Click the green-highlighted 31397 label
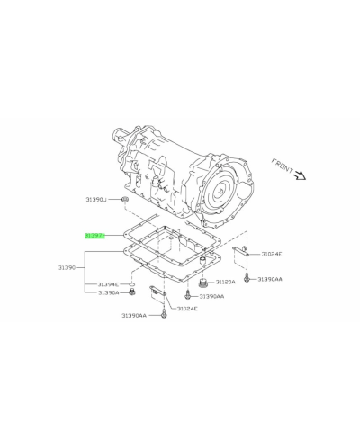(x=95, y=236)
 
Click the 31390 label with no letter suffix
(x=70, y=268)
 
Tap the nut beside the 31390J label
(x=124, y=198)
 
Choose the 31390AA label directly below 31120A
(x=211, y=296)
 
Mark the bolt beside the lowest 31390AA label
(x=165, y=315)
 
